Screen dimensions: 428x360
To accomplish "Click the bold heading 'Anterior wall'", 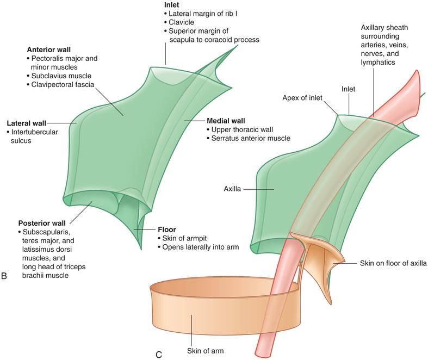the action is pyautogui.click(x=48, y=49).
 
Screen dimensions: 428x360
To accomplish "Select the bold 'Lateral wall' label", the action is pyautogui.click(x=27, y=123).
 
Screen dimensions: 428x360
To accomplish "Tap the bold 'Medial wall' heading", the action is pyautogui.click(x=226, y=121).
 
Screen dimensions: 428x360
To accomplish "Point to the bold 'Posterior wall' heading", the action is pyautogui.click(x=42, y=224).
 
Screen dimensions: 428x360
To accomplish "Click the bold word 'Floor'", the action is pyautogui.click(x=167, y=229).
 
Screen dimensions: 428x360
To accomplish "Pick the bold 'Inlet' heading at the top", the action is pyautogui.click(x=172, y=5).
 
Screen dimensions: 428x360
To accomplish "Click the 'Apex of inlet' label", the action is pyautogui.click(x=302, y=98).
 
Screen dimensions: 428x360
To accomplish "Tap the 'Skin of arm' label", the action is pyautogui.click(x=205, y=351).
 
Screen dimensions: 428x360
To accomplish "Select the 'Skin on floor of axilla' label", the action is pyautogui.click(x=393, y=263).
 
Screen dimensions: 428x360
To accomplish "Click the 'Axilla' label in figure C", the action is pyautogui.click(x=232, y=189).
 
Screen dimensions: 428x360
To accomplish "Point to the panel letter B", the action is pyautogui.click(x=4, y=276).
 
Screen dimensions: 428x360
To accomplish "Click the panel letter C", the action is pyautogui.click(x=159, y=355).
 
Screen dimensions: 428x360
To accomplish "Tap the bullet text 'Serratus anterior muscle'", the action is pyautogui.click(x=251, y=138).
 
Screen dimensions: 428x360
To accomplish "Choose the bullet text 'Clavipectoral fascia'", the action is pyautogui.click(x=63, y=85).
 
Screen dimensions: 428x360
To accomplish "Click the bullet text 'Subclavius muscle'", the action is pyautogui.click(x=61, y=76).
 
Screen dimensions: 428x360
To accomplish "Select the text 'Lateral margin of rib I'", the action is pyautogui.click(x=203, y=14).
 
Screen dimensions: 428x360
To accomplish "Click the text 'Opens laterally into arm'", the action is pyautogui.click(x=201, y=247).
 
